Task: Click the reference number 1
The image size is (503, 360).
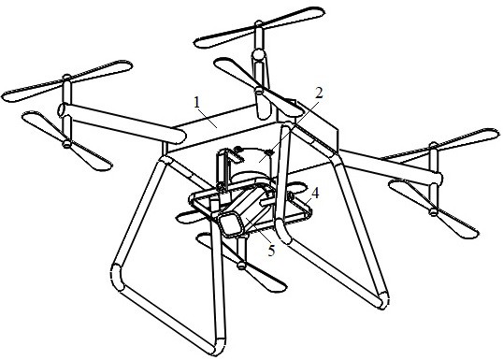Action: [197, 102]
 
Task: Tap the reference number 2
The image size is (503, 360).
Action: [319, 94]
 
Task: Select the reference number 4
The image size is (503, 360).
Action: [315, 194]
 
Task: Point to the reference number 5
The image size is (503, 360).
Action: [271, 251]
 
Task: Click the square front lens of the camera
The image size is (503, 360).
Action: [231, 223]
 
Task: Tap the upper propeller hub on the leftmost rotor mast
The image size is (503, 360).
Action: [66, 78]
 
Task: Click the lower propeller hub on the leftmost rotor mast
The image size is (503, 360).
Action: [66, 144]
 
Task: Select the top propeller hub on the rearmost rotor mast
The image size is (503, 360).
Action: [259, 23]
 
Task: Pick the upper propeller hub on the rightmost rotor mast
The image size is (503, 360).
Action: [433, 144]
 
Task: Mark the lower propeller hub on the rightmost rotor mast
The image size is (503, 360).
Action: [434, 211]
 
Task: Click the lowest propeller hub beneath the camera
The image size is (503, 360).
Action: [241, 266]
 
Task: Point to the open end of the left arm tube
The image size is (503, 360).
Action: [61, 110]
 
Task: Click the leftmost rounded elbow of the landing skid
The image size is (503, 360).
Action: [117, 276]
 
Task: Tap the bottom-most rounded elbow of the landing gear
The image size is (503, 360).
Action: [218, 346]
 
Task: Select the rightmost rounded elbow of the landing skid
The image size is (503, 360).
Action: [384, 299]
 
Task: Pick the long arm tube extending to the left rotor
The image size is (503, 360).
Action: [122, 123]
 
